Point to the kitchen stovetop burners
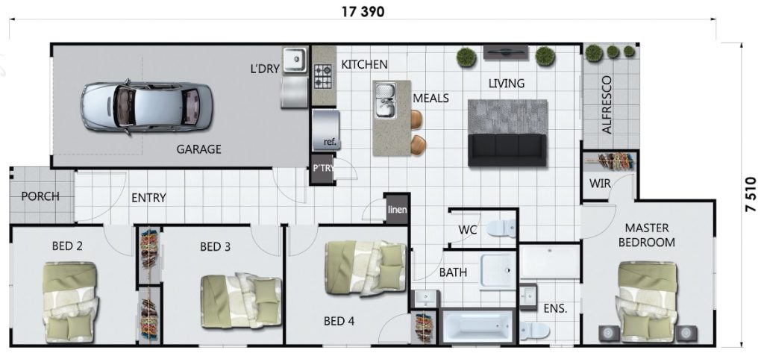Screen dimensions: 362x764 point(323,75)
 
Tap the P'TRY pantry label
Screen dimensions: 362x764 point(323,169)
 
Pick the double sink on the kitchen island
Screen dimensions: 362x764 point(385,102)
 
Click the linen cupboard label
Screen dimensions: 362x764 point(397,209)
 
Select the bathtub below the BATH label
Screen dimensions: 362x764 point(477,327)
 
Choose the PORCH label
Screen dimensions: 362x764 point(40,197)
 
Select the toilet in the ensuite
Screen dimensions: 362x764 point(534,328)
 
